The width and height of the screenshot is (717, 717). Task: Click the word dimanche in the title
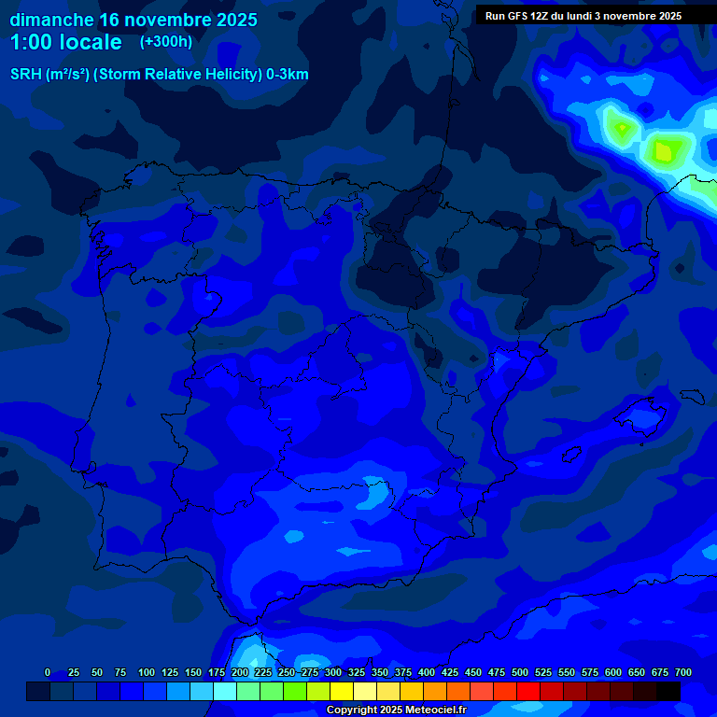[x=51, y=20]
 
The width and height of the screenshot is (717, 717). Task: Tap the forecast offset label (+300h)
[x=165, y=42]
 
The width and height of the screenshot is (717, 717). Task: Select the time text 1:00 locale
[x=65, y=43]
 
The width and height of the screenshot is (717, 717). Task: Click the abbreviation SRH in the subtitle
[x=25, y=75]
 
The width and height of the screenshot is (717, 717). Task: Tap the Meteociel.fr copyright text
[x=396, y=710]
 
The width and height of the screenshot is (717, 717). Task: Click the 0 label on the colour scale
[x=48, y=673]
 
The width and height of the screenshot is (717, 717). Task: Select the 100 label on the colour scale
[x=147, y=673]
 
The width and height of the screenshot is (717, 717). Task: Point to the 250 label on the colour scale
[x=287, y=673]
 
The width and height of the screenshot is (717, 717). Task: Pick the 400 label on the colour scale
[x=427, y=673]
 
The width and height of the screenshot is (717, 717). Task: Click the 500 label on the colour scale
[x=520, y=673]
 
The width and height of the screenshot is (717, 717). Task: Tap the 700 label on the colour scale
[x=683, y=673]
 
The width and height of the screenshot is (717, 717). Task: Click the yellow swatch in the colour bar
[x=342, y=691]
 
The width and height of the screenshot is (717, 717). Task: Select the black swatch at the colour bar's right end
[x=668, y=691]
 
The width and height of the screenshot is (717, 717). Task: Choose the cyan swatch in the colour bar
[x=225, y=691]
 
